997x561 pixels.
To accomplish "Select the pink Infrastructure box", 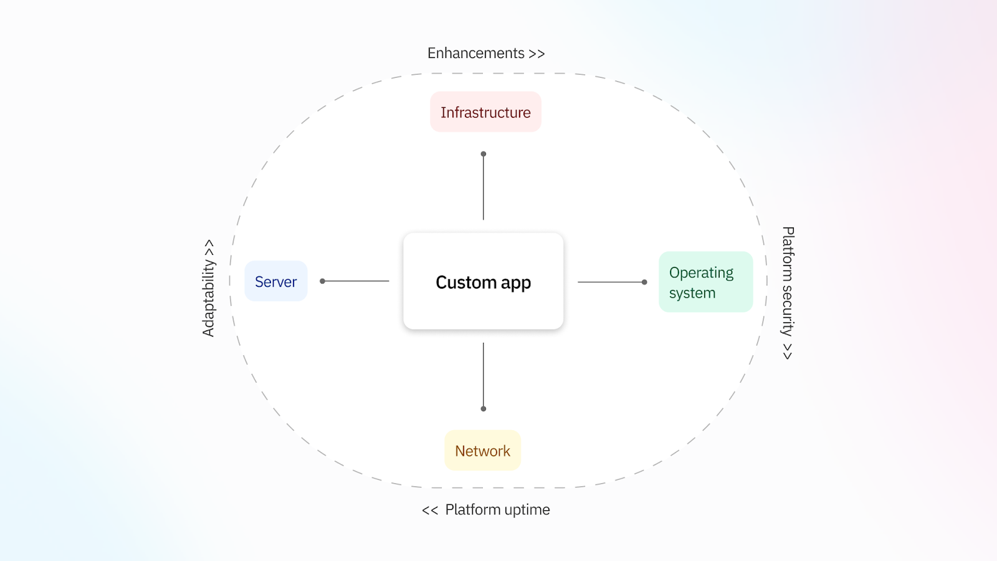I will click(x=485, y=112).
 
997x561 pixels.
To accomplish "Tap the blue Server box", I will click(x=275, y=282).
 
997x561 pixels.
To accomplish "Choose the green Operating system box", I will click(x=705, y=282).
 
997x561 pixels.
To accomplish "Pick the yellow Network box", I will click(x=482, y=451).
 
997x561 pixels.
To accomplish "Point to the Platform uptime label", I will click(x=497, y=510).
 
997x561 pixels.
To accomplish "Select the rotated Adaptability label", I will click(x=209, y=288).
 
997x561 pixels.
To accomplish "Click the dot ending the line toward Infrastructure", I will click(x=484, y=154).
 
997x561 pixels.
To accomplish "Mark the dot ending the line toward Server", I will click(x=323, y=281).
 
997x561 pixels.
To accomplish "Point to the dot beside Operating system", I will click(x=644, y=282).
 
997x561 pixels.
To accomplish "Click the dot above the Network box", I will click(x=484, y=409).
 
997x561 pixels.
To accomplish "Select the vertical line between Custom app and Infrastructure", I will click(x=484, y=187).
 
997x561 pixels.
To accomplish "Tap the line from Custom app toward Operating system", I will click(x=611, y=282).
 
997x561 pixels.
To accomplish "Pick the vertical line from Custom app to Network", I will click(x=484, y=374).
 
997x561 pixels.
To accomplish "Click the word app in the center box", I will click(x=516, y=284).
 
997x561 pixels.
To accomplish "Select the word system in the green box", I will click(x=692, y=293).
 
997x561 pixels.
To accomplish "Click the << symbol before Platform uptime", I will click(x=430, y=511).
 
